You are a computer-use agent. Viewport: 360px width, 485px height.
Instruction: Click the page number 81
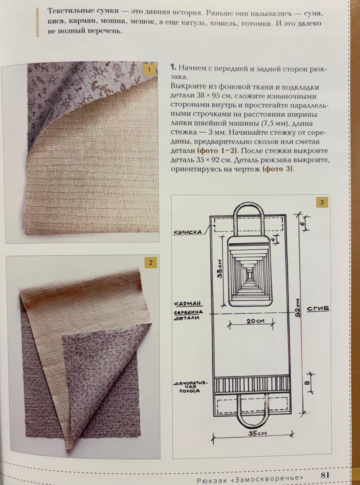click(325, 475)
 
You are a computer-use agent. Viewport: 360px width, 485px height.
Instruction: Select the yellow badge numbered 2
click(150, 263)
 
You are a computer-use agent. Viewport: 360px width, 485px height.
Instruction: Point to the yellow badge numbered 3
click(322, 202)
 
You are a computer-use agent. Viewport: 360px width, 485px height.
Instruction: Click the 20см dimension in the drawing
click(255, 321)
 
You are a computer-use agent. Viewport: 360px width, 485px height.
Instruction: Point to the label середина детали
click(188, 315)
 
